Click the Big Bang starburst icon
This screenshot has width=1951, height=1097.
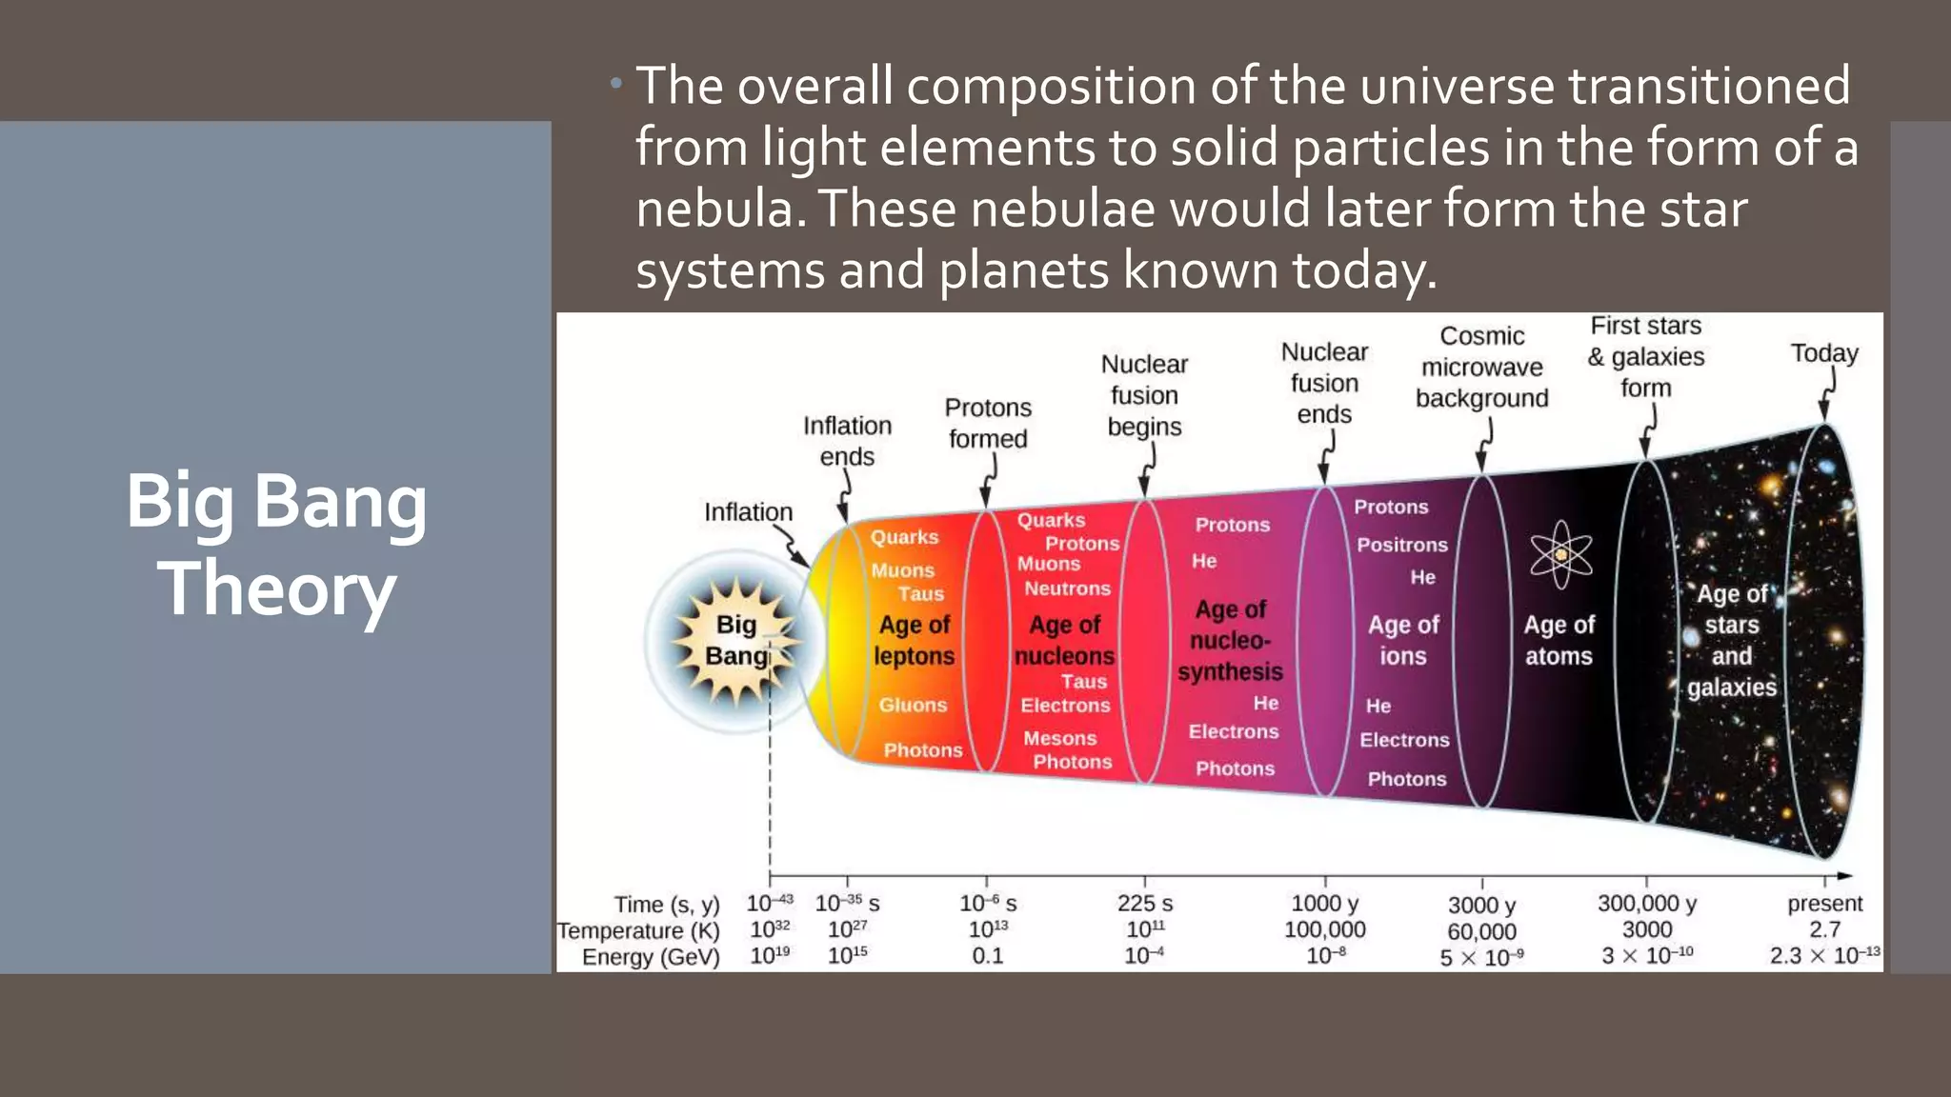click(734, 641)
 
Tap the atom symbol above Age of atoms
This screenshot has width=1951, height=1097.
click(1560, 553)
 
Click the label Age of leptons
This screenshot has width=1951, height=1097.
click(914, 640)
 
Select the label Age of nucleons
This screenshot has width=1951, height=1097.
click(1064, 640)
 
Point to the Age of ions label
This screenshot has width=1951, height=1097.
click(1403, 640)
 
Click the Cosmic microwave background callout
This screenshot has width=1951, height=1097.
click(1481, 367)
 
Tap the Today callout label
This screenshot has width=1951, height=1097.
click(1824, 353)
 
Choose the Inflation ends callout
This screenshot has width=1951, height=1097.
click(847, 440)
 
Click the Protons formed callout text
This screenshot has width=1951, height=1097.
click(988, 423)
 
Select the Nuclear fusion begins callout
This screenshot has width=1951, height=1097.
click(1144, 394)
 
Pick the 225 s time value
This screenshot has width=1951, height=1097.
click(1144, 903)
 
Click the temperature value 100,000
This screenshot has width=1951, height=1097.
click(1324, 929)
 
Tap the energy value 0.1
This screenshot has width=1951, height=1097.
click(987, 955)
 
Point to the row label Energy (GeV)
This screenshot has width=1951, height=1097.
click(651, 956)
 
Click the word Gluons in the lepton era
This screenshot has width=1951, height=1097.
click(913, 705)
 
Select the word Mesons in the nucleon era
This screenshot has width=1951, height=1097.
click(1059, 738)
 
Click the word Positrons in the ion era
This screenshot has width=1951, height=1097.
click(1402, 545)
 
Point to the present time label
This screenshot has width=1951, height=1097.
click(1824, 903)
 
